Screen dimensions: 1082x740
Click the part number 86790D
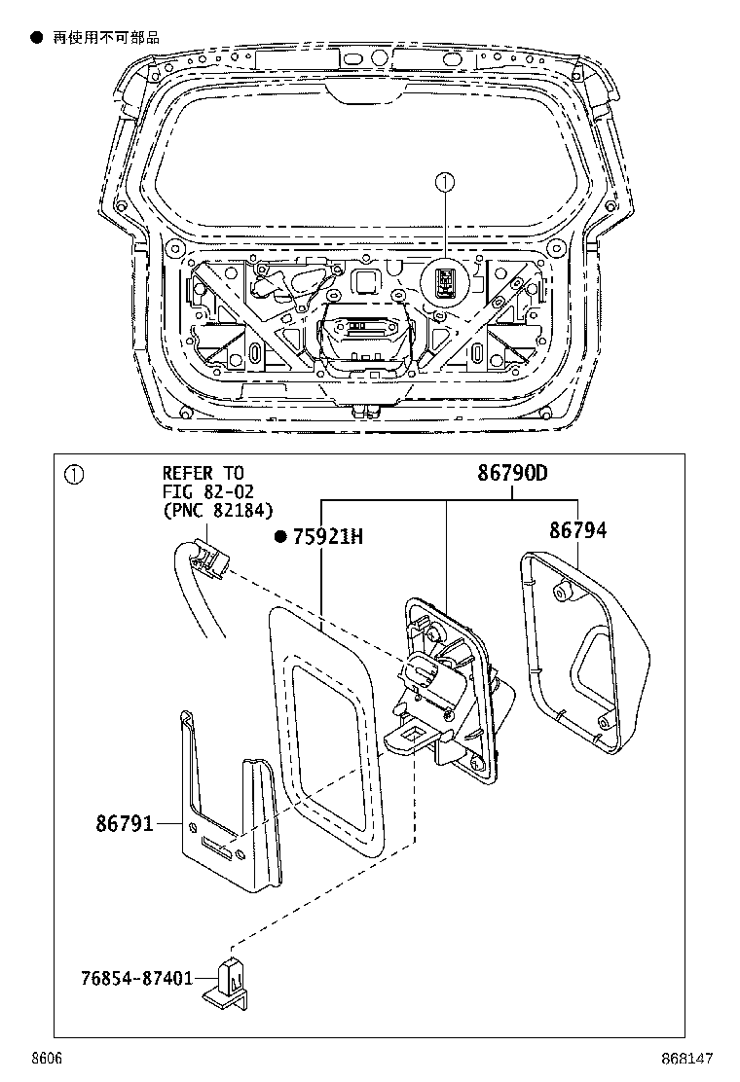pyautogui.click(x=512, y=474)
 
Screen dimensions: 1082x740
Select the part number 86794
pyautogui.click(x=576, y=530)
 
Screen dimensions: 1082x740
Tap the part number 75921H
pyautogui.click(x=327, y=537)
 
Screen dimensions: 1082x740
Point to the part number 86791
pyautogui.click(x=125, y=824)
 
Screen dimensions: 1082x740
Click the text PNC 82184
pyautogui.click(x=218, y=511)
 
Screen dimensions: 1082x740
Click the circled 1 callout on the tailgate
pyautogui.click(x=444, y=182)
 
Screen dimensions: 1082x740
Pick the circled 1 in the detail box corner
pyautogui.click(x=74, y=475)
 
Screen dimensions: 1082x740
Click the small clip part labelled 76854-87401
pyautogui.click(x=232, y=978)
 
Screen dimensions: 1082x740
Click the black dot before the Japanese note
pyautogui.click(x=37, y=38)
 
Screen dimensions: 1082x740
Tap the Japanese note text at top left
pyautogui.click(x=105, y=38)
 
